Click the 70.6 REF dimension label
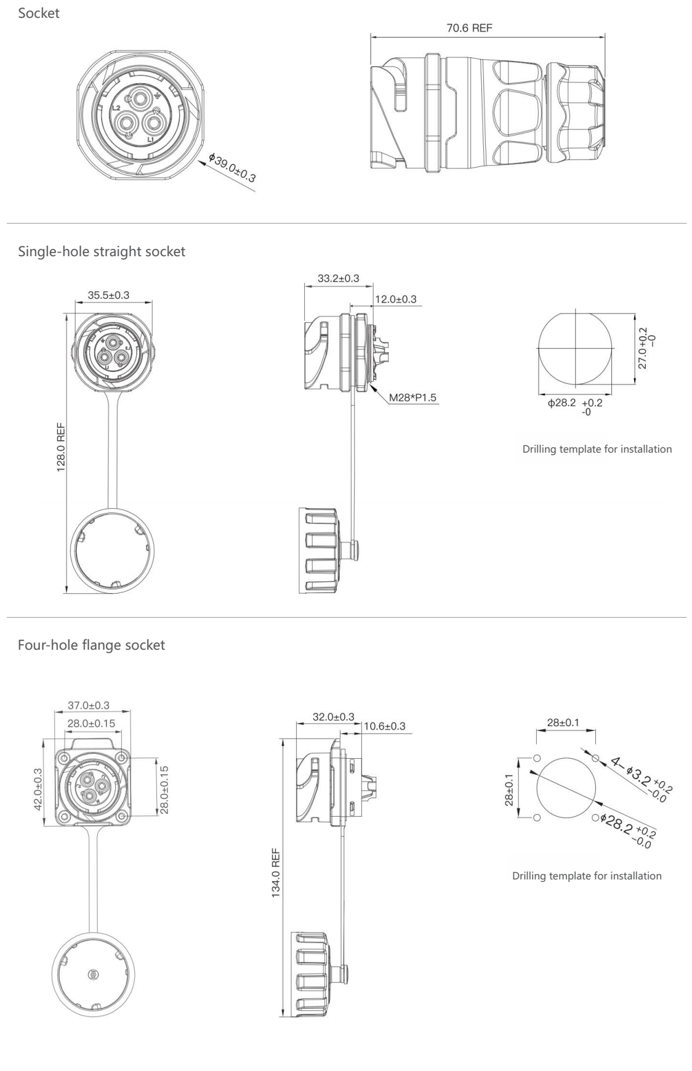(469, 28)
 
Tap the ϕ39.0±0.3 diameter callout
(232, 167)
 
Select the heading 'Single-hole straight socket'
(102, 251)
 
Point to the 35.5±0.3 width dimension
(108, 295)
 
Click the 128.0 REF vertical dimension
(61, 445)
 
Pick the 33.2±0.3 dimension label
(339, 278)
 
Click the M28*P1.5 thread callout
(412, 397)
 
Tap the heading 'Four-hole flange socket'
(92, 645)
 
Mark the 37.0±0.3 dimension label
(89, 705)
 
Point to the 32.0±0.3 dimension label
(334, 717)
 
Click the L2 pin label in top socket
(116, 107)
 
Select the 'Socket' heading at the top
(39, 13)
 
